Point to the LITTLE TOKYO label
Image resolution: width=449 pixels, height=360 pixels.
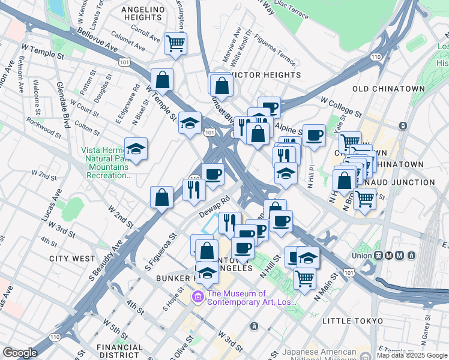(352, 321)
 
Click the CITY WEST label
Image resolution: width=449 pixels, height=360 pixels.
(72, 259)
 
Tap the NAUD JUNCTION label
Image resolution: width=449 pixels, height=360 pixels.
(412, 182)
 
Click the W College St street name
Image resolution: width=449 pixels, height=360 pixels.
(341, 106)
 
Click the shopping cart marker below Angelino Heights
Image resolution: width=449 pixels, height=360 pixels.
(175, 43)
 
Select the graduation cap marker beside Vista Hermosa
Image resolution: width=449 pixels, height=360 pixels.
(136, 150)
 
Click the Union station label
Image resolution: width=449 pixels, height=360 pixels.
(362, 255)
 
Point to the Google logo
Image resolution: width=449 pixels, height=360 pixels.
(20, 353)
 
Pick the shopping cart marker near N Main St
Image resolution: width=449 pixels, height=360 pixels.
(305, 278)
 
